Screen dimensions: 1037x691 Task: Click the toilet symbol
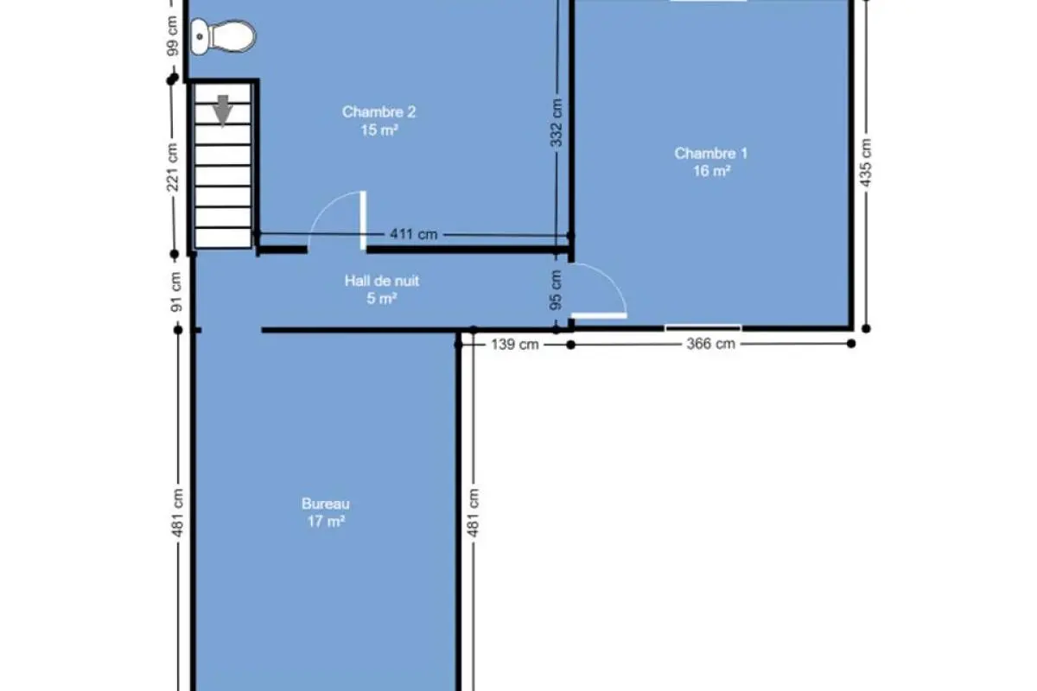223,36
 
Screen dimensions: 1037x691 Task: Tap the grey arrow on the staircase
223,111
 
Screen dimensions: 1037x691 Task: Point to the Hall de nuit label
382,281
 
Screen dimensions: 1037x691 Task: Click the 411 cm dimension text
414,234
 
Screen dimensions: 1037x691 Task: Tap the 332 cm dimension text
557,123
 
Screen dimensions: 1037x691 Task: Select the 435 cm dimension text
865,162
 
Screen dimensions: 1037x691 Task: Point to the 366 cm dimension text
711,344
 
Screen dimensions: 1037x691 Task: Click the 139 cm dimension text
515,345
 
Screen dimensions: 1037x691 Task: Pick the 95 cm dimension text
556,289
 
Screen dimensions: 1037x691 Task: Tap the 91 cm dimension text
176,292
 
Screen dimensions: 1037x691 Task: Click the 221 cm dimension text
172,167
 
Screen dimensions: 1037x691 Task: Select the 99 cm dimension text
172,36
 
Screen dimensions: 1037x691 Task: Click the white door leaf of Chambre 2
364,221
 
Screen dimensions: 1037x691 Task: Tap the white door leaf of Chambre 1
599,315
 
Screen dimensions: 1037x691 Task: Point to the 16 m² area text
712,171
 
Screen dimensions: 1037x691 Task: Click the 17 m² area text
326,522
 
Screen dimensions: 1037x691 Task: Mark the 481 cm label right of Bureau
474,513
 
